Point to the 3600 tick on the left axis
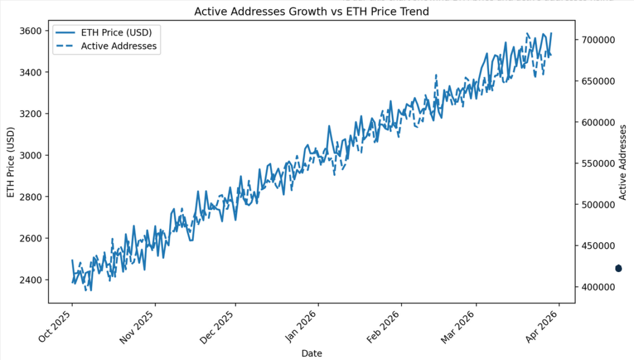[30, 31]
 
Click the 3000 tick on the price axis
[30, 156]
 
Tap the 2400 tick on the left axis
[30, 280]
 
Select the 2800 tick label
[30, 197]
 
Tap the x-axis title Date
[311, 353]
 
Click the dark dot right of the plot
[618, 268]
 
